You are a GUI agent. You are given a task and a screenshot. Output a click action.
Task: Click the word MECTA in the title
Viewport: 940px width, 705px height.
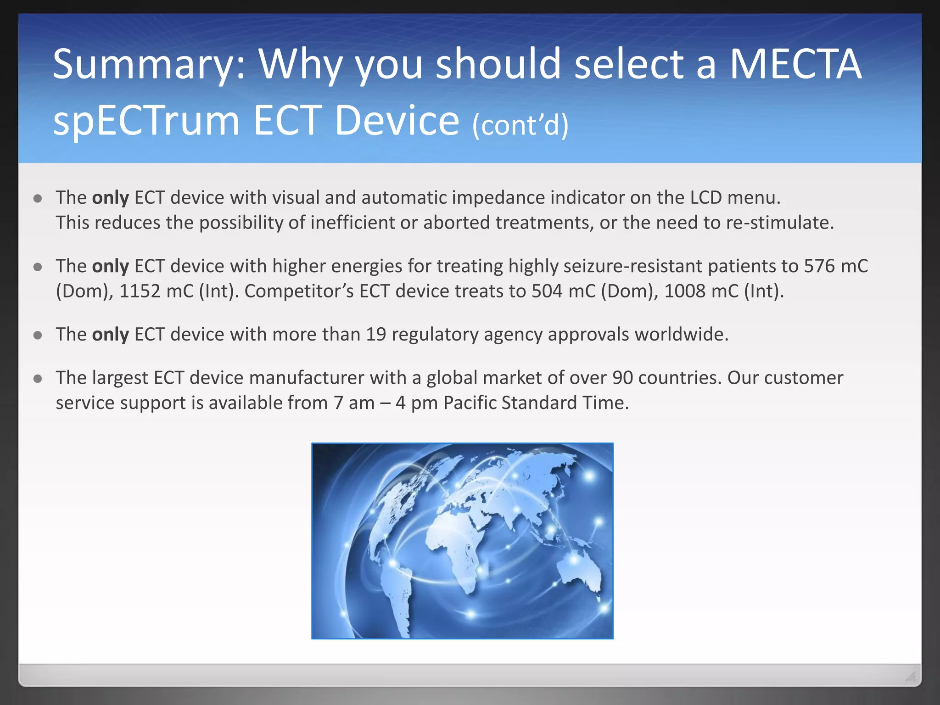click(795, 64)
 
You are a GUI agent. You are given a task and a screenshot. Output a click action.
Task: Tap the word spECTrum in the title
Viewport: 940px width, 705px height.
click(146, 121)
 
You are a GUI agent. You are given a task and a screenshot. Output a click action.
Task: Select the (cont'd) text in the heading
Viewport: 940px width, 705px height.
click(520, 125)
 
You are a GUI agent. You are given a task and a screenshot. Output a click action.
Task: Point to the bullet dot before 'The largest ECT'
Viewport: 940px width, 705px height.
click(38, 379)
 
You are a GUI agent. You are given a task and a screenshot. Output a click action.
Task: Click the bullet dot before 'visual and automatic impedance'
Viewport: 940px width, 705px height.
click(38, 198)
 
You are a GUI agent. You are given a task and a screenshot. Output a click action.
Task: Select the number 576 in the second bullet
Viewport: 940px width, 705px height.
click(819, 266)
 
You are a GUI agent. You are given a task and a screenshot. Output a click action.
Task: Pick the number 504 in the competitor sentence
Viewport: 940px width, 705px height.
click(547, 291)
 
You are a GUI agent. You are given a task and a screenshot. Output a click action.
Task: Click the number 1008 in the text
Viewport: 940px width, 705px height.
click(684, 291)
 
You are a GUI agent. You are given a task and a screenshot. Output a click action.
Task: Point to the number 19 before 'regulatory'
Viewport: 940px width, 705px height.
click(376, 335)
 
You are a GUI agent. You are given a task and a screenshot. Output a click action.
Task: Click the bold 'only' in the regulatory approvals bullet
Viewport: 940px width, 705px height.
click(110, 335)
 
